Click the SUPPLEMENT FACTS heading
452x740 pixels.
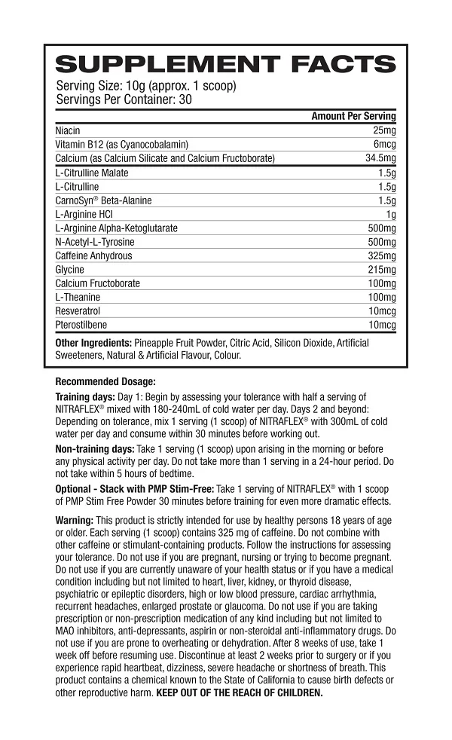point(225,65)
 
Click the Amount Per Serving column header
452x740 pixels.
point(353,117)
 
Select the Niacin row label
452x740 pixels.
point(68,130)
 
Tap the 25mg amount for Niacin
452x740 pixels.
point(383,130)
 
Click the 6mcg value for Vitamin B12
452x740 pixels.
point(383,144)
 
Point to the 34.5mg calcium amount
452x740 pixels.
point(380,158)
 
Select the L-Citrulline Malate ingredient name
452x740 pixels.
point(92,173)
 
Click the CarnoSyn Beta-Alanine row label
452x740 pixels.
point(103,200)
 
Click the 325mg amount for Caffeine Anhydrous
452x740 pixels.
point(381,255)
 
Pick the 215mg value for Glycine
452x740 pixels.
point(381,269)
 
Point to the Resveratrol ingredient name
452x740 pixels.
point(78,310)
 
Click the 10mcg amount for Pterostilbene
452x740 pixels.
point(381,325)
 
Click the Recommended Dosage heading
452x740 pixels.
point(105,381)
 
